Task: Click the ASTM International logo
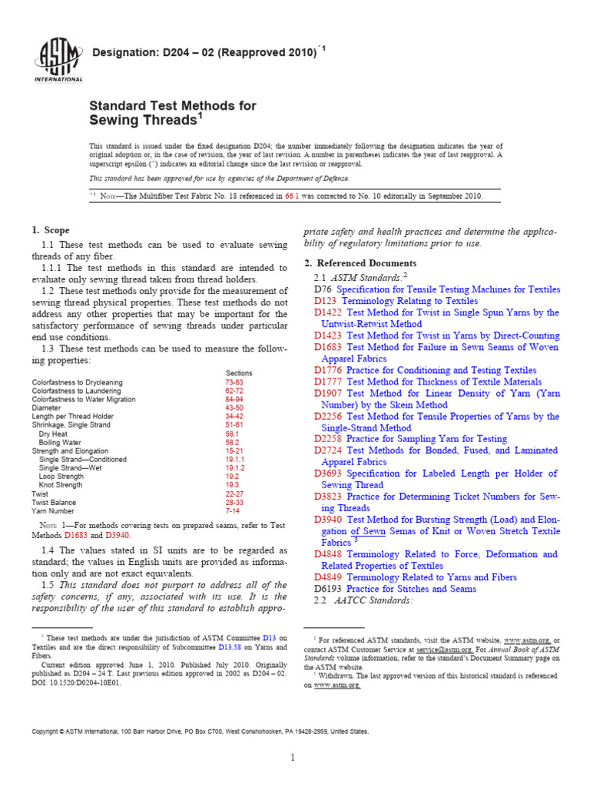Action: coord(58,60)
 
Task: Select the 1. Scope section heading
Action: coord(50,230)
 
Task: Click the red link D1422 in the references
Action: coord(329,313)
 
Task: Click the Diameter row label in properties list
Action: coord(47,409)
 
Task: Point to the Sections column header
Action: coord(239,373)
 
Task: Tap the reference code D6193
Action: coord(329,589)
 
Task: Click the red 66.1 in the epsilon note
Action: coord(290,196)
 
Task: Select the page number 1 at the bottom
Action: coord(293,758)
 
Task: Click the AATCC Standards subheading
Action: coord(373,600)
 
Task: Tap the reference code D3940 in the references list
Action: coord(329,520)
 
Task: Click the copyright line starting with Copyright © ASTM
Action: coord(200,732)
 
